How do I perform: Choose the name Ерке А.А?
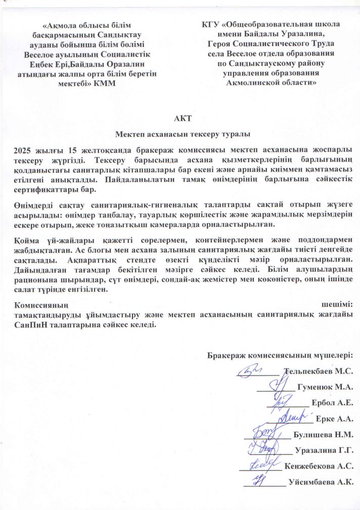[334, 419]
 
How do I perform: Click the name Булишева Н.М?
[323, 434]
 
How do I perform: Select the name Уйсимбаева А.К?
[321, 482]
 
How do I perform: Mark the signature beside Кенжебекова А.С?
[263, 463]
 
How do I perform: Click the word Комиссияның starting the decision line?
[42, 305]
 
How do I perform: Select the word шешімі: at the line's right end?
[337, 305]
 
